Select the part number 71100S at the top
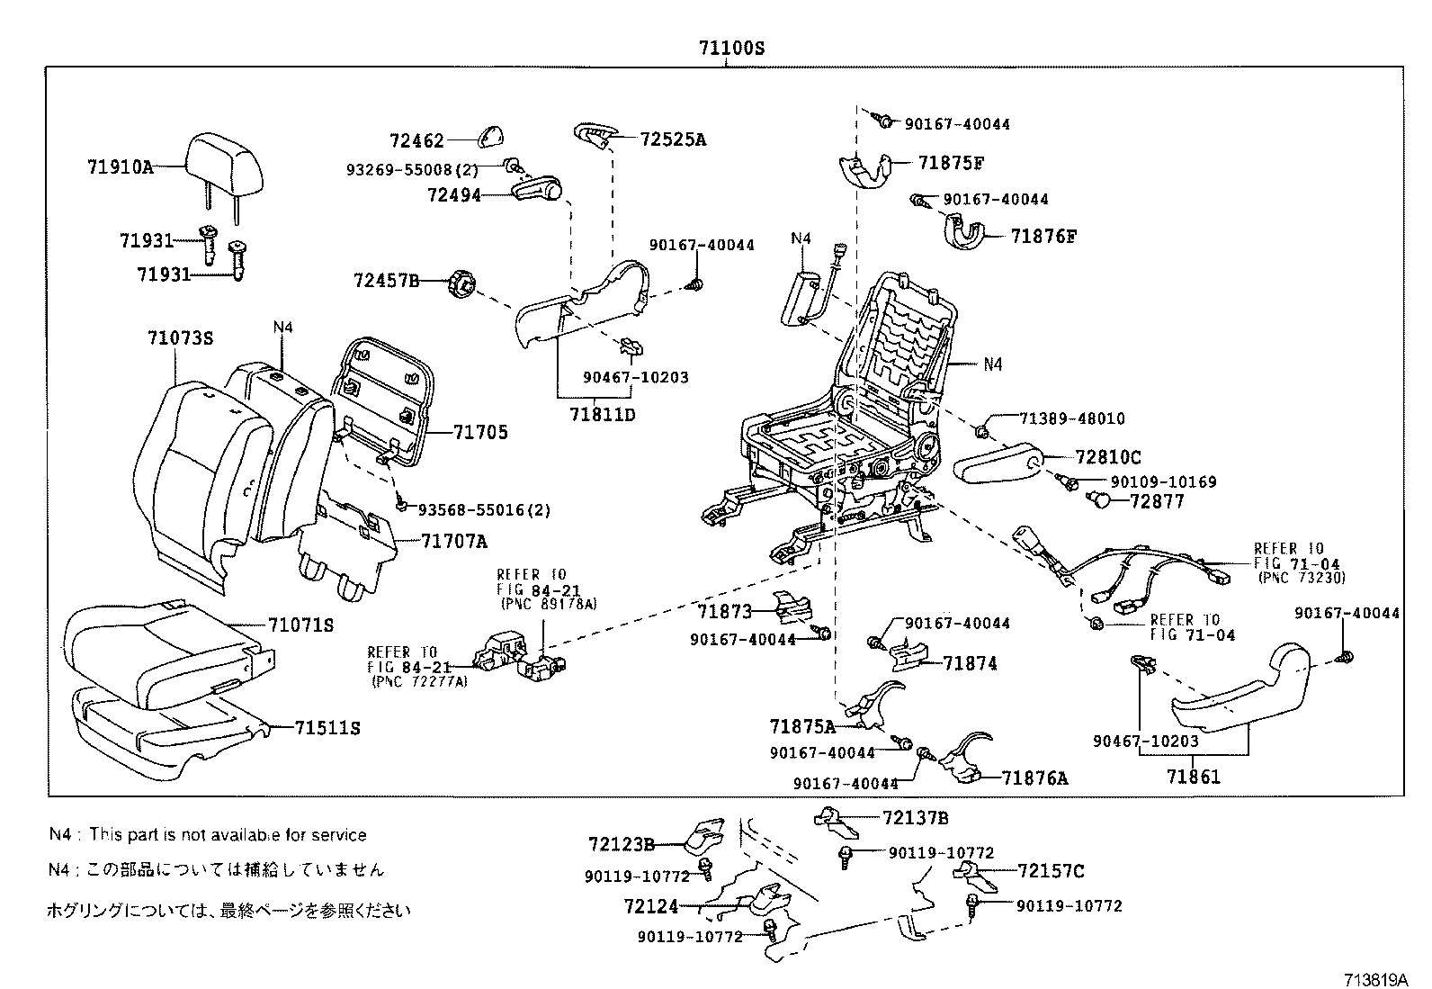[731, 49]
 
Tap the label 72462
[416, 140]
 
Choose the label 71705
[480, 433]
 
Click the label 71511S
[327, 728]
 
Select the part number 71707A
[455, 542]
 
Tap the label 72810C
[1108, 458]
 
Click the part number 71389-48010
[1071, 419]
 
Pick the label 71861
[1194, 777]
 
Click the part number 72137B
[915, 818]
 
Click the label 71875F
[952, 163]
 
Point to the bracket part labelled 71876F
[964, 232]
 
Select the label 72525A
[673, 139]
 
